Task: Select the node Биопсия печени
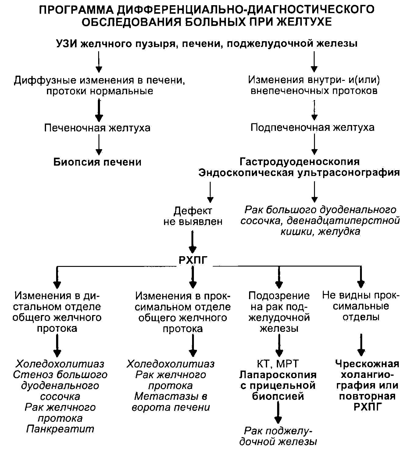coord(97,162)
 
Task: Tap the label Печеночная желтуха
coord(97,127)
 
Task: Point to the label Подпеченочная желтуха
coord(312,127)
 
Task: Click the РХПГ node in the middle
coord(193,260)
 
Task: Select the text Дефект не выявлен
coord(193,216)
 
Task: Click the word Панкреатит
coord(60,429)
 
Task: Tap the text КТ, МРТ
coord(278,364)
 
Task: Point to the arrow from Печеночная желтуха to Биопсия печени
coord(98,145)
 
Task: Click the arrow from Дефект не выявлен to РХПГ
coord(192,241)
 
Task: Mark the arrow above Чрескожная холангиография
coord(361,345)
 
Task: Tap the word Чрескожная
coord(367,364)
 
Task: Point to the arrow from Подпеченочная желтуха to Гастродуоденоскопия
coord(314,144)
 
